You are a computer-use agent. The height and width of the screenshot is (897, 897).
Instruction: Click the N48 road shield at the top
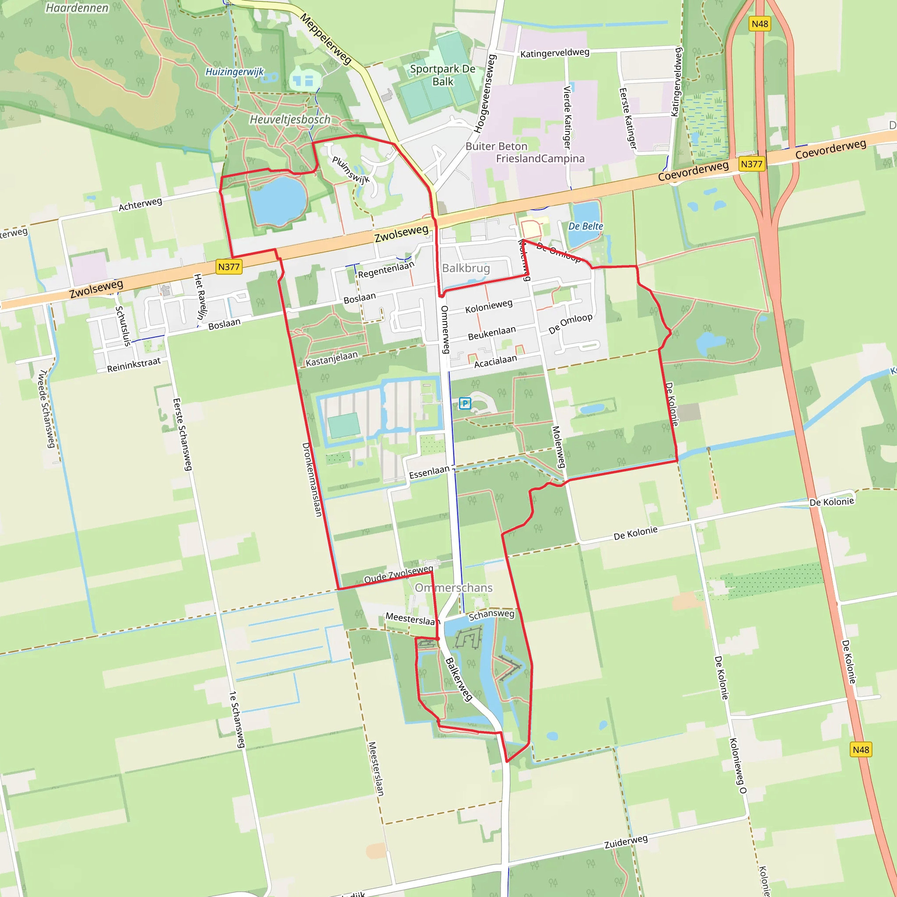(759, 24)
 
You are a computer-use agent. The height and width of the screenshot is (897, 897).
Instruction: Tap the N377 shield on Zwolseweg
(229, 267)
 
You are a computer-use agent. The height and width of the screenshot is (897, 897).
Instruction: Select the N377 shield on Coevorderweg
(751, 164)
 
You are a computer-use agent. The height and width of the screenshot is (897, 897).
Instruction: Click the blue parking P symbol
(465, 403)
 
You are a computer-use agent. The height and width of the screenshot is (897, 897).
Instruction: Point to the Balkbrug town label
(466, 268)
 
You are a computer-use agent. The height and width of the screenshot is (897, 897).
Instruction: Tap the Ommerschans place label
(454, 588)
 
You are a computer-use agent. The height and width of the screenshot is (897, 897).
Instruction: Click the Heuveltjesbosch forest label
(290, 120)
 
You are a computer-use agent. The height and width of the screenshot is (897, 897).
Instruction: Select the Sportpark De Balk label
(442, 75)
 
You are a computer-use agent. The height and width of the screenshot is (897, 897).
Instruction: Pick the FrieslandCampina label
(540, 159)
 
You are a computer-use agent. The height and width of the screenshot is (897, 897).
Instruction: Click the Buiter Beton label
(496, 146)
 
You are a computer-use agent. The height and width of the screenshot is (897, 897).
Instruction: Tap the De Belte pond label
(586, 226)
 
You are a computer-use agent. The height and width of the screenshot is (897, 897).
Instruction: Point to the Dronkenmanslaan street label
(312, 479)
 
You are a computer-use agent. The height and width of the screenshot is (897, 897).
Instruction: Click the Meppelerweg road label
(325, 39)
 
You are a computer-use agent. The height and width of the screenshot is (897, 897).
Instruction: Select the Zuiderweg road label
(625, 842)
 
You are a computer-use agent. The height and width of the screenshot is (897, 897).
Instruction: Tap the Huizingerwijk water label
(234, 72)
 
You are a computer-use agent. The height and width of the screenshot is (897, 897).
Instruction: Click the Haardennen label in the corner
(77, 8)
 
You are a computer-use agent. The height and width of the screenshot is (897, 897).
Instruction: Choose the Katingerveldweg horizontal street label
(554, 53)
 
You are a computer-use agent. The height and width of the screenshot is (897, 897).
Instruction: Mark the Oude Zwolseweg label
(399, 574)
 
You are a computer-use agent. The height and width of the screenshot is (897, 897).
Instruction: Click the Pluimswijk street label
(350, 170)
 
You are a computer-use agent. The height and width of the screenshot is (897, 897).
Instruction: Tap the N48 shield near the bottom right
(861, 750)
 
